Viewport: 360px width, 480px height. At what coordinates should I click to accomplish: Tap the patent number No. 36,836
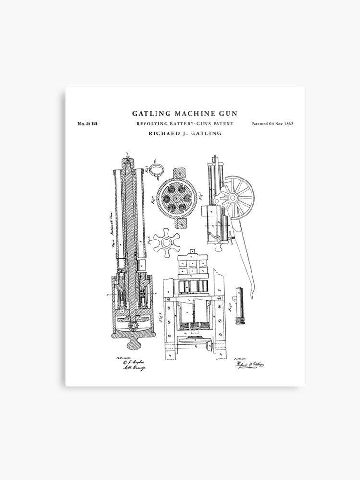[88, 124]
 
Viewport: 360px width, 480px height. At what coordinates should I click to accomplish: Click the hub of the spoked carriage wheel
[234, 197]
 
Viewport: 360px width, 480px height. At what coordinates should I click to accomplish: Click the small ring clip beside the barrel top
[156, 169]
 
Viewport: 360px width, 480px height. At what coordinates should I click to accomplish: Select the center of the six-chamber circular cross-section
[176, 198]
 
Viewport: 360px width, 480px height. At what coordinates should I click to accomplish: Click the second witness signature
[133, 368]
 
